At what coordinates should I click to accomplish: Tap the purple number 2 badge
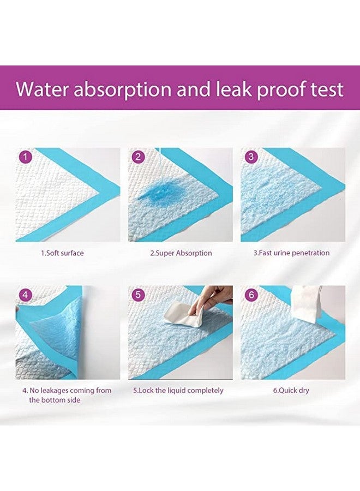tap(139, 158)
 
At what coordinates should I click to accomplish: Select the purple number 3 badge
tap(251, 158)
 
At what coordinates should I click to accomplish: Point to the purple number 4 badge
tap(26, 295)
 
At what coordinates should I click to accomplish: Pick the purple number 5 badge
tap(139, 295)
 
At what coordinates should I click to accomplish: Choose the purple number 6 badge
tap(251, 295)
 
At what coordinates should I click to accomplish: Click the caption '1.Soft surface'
tap(63, 253)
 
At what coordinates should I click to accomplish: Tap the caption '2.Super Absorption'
tap(181, 253)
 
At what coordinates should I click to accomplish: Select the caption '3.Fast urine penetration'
tap(291, 253)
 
